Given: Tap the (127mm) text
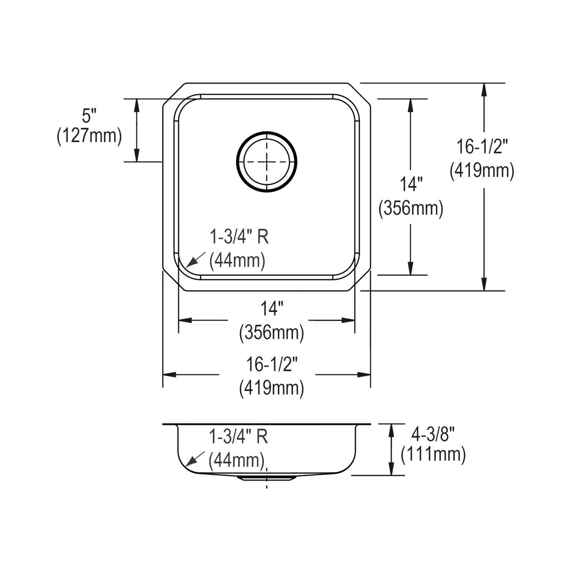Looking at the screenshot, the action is click(x=89, y=136).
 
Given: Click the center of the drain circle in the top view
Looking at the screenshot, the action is click(x=266, y=162).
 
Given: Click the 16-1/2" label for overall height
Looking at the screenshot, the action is click(x=482, y=147).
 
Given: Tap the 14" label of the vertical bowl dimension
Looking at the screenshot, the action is click(x=411, y=184).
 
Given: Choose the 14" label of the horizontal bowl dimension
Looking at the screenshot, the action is click(x=272, y=308).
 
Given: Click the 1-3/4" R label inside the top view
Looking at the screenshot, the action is click(x=239, y=237).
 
